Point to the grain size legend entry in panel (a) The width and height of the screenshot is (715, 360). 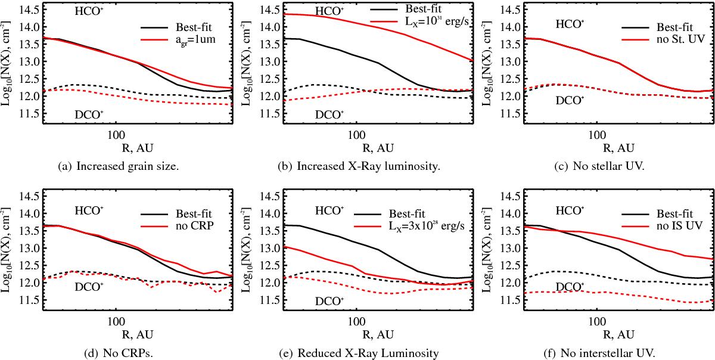click(179, 39)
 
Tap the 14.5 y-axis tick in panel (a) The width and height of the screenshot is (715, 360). click(30, 10)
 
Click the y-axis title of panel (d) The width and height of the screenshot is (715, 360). click(8, 256)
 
